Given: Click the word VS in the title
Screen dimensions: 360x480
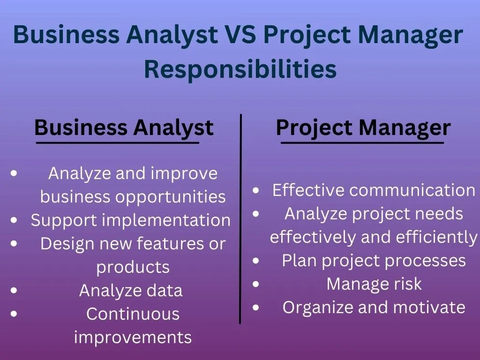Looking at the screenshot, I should tap(237, 35).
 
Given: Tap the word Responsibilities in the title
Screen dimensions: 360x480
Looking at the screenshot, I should tap(240, 69).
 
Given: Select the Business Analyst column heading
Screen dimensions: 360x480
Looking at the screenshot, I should tap(124, 127).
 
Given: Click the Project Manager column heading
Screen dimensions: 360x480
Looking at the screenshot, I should tap(363, 127).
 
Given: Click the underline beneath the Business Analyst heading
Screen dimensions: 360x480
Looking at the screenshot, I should tap(118, 142).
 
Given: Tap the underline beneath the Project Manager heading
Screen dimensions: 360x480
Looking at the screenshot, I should tap(362, 142).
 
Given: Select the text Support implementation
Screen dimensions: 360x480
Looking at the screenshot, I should tap(131, 220).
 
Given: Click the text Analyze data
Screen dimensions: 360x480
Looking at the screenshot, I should tap(131, 291).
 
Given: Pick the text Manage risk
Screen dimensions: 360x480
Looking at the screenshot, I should tap(374, 284).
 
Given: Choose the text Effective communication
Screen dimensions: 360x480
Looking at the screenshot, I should tap(374, 190).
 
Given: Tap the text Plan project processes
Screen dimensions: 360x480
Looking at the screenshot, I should tap(374, 261).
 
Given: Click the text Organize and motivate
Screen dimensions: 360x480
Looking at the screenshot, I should tap(374, 307).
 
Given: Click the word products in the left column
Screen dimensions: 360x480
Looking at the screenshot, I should tap(133, 267).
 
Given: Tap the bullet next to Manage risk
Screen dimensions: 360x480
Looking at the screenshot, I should tap(256, 284).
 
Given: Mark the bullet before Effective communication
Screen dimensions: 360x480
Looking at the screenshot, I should tap(256, 190).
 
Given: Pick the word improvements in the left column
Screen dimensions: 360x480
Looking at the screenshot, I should tap(133, 337).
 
